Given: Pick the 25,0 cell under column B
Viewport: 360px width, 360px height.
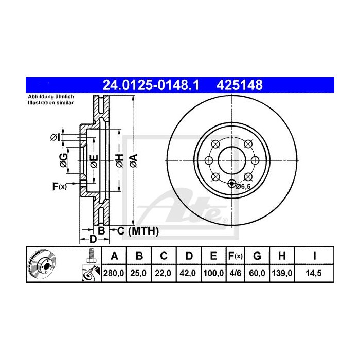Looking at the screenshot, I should (139, 274).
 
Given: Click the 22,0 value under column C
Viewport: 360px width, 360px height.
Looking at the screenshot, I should (163, 274).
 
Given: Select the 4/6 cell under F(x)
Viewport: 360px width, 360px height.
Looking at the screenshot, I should (235, 274).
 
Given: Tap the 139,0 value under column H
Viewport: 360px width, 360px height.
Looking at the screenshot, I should (282, 274).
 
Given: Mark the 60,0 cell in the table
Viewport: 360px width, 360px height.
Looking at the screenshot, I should (258, 274).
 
